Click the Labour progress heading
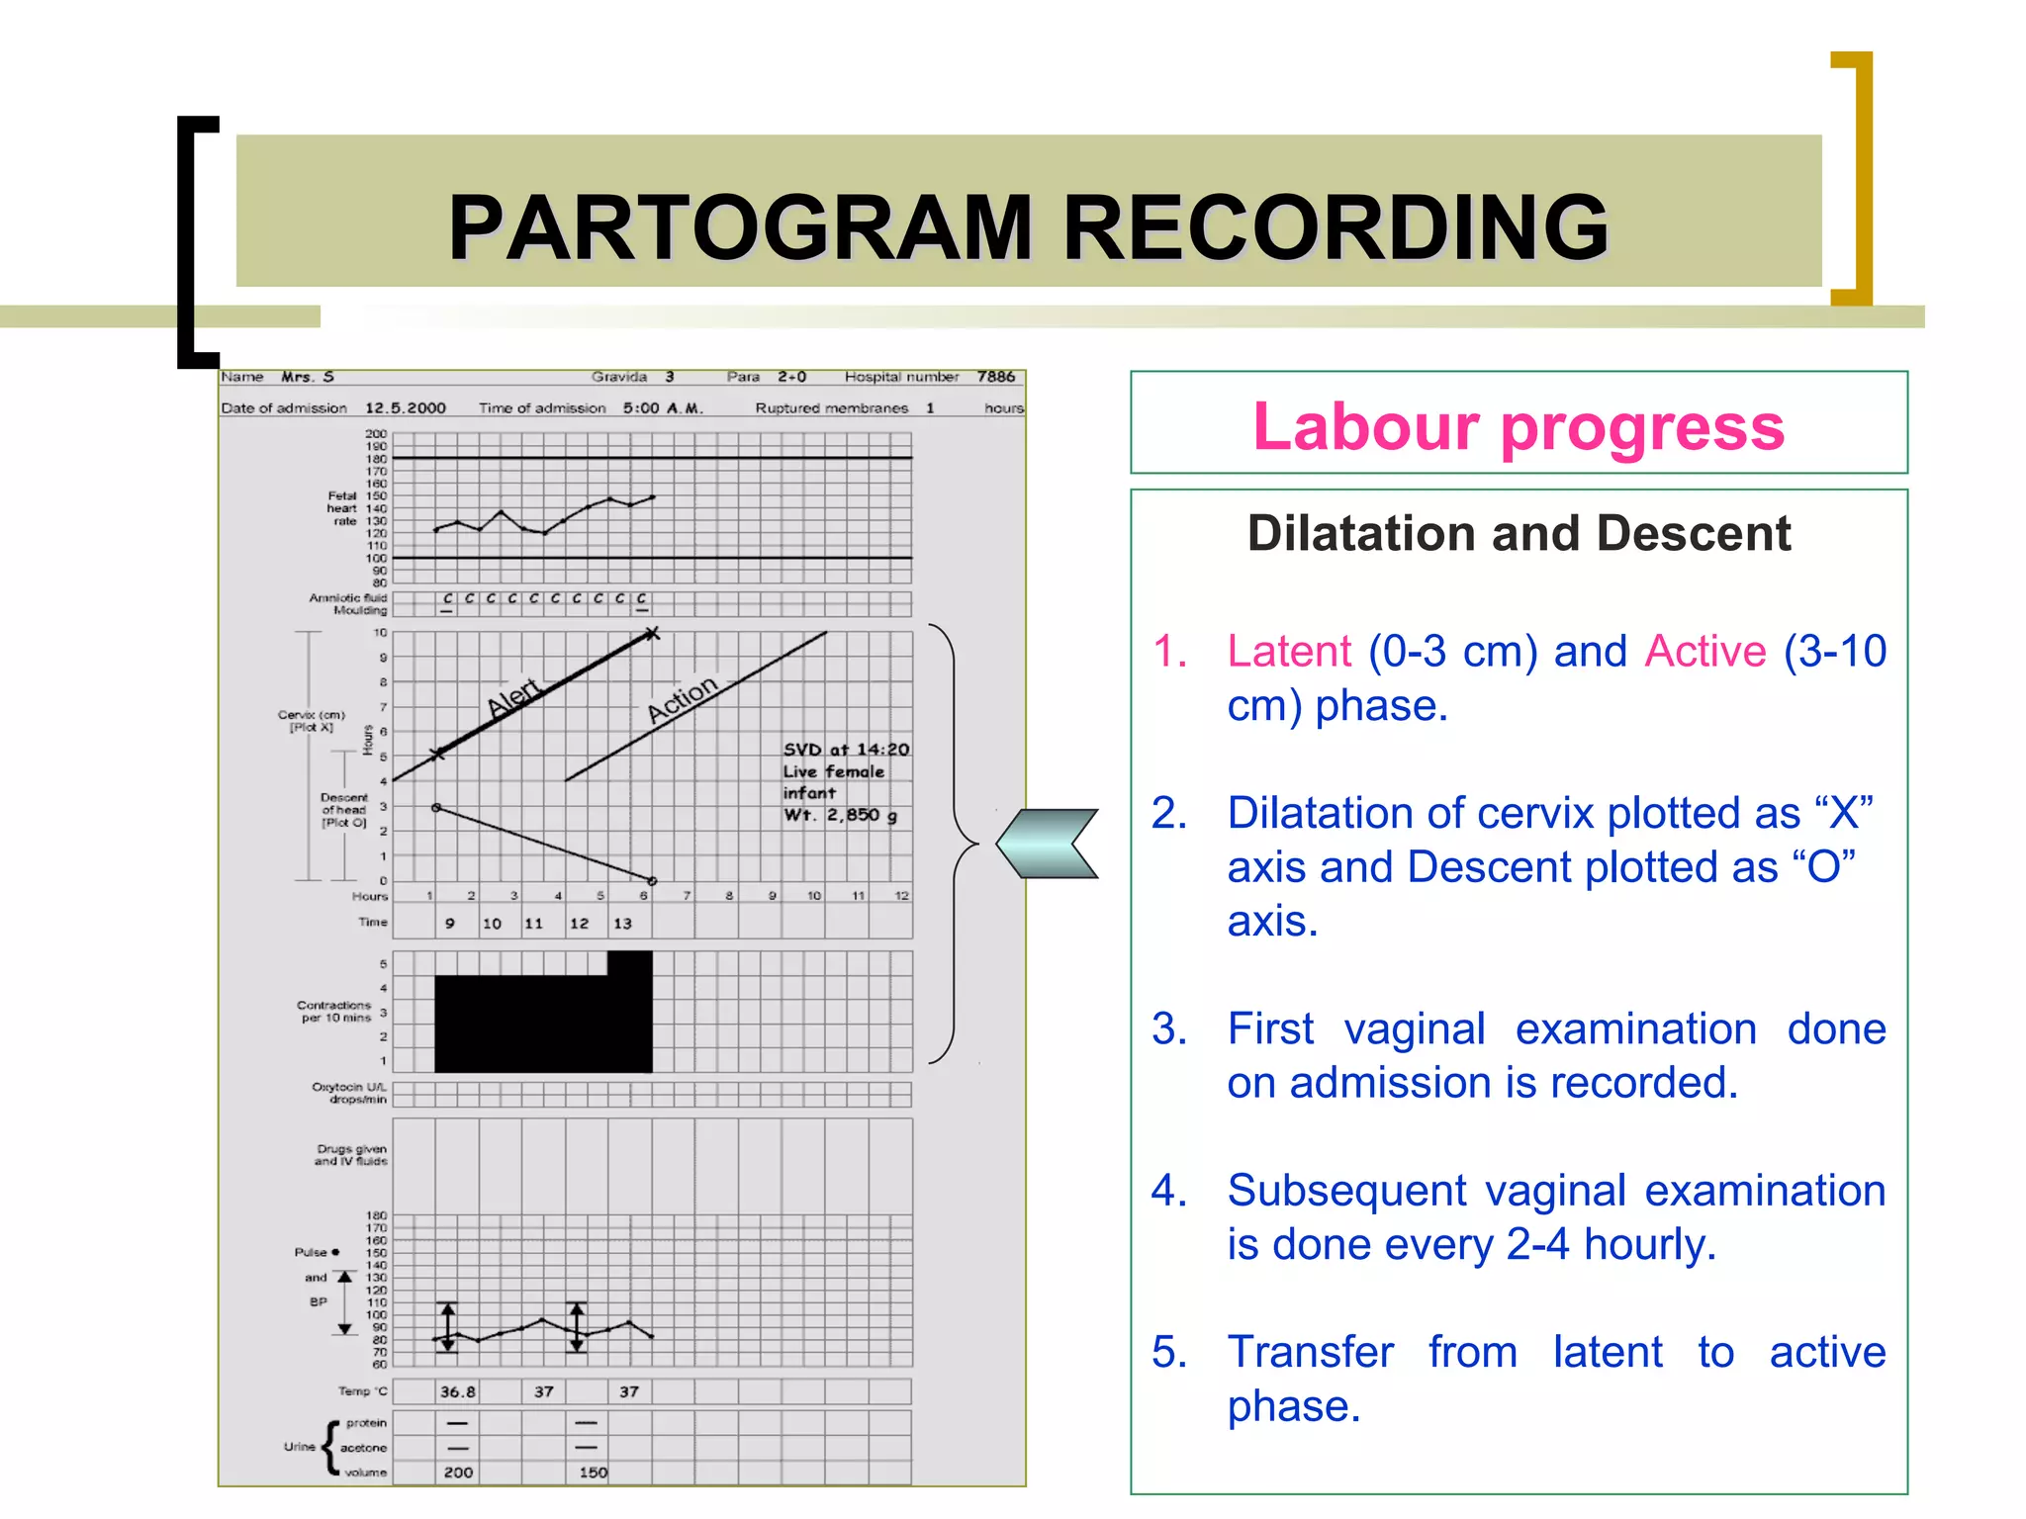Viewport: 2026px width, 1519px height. (x=1518, y=426)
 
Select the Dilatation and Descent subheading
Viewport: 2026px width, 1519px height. (x=1518, y=533)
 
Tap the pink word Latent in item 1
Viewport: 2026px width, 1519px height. (x=1288, y=652)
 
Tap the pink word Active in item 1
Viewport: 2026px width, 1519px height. (x=1704, y=652)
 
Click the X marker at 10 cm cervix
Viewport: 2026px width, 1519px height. (x=651, y=633)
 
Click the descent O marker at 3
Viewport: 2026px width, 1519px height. (x=436, y=808)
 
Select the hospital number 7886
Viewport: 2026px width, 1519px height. (x=995, y=377)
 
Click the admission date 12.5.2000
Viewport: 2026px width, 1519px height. (x=406, y=407)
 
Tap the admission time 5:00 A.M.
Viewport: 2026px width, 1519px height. (x=662, y=407)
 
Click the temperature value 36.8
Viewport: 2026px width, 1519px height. (x=457, y=1391)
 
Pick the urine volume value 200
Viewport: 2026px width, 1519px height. (x=457, y=1473)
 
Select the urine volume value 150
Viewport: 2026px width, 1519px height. (x=593, y=1473)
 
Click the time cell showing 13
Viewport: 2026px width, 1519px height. (x=622, y=923)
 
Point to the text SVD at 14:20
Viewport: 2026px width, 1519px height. (x=846, y=750)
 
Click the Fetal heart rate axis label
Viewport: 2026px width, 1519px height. (x=343, y=508)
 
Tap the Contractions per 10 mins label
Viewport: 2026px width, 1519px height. (x=334, y=1011)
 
